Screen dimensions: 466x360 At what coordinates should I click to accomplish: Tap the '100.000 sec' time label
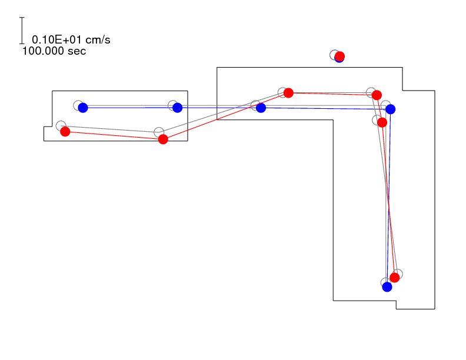pos(54,51)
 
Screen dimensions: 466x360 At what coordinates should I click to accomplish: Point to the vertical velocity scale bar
pos(22,31)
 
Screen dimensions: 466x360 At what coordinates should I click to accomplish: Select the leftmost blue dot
pos(83,108)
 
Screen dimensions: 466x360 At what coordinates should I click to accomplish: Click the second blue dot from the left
pos(178,108)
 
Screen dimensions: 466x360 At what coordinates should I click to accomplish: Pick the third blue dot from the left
pos(261,108)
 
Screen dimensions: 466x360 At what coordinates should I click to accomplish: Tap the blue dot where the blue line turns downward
pos(391,109)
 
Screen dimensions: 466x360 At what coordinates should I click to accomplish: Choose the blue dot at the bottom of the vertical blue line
pos(387,287)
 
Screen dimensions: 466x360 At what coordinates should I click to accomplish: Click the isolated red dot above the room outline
pos(339,56)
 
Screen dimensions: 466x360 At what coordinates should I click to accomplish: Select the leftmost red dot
pos(65,132)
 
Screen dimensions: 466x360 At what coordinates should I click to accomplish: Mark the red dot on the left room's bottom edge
pos(163,139)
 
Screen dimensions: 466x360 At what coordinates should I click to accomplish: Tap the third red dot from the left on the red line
pos(288,93)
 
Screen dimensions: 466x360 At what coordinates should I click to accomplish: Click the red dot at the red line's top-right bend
pos(377,95)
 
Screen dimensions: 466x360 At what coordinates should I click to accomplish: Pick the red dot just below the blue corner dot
pos(382,122)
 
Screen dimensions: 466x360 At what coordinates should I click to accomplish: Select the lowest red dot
pos(395,278)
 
